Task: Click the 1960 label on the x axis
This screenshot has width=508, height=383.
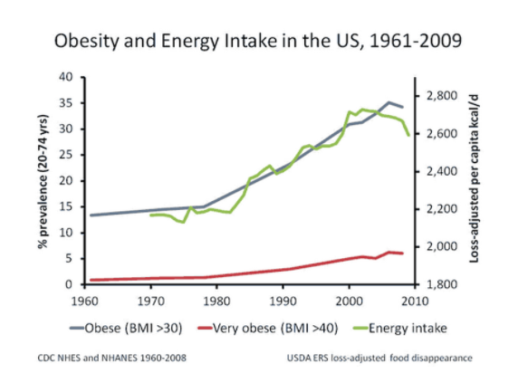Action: pyautogui.click(x=88, y=298)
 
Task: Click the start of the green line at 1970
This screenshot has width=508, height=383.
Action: pyautogui.click(x=150, y=215)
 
